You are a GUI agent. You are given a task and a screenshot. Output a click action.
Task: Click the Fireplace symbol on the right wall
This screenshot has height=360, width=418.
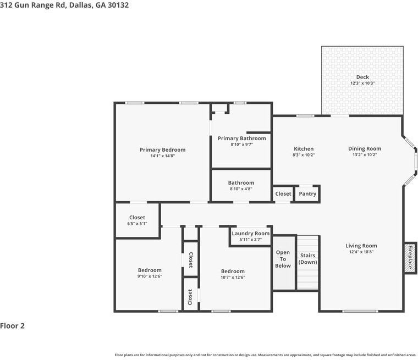[x=410, y=257]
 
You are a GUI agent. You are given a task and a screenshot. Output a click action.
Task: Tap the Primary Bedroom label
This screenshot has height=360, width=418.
[x=162, y=149]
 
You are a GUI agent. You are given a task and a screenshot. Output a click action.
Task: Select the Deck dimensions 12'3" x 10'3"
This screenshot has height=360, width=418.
[x=362, y=83]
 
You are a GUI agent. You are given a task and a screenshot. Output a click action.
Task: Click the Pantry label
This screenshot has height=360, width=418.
[x=307, y=193]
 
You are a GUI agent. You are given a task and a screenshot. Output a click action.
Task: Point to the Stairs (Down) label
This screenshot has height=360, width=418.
[x=307, y=258]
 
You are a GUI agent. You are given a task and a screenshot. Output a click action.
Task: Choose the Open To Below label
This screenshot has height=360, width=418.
[x=283, y=259]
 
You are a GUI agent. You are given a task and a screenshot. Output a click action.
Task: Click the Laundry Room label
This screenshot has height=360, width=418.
[x=250, y=233]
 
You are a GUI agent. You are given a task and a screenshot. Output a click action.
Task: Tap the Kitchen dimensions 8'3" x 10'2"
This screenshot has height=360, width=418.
[x=304, y=155]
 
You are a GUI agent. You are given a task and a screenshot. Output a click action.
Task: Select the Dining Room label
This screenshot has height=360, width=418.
[x=365, y=148]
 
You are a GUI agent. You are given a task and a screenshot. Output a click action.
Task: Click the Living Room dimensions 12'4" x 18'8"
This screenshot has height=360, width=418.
[x=361, y=252]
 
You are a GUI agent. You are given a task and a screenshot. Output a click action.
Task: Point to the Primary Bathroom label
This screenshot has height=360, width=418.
[x=241, y=138]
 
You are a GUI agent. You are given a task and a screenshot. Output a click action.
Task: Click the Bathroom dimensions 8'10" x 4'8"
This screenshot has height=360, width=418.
[x=241, y=189]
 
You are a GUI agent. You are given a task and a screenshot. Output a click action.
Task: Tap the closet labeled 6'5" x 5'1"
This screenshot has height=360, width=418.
[x=137, y=224]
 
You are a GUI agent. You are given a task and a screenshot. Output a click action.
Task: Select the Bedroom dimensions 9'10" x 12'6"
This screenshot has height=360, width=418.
[x=150, y=276]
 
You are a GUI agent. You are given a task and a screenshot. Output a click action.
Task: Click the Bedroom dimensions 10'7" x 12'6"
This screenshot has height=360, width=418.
[x=233, y=278]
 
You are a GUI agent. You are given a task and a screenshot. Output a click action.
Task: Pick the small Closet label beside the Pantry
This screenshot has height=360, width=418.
[x=283, y=193]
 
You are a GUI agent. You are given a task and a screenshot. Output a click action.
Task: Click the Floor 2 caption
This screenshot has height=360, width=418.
[x=13, y=325]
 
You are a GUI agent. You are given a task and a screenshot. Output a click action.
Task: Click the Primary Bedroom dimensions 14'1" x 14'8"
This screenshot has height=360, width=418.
[x=162, y=156]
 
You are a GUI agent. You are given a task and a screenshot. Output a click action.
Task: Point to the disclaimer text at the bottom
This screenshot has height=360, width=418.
[x=265, y=355]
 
